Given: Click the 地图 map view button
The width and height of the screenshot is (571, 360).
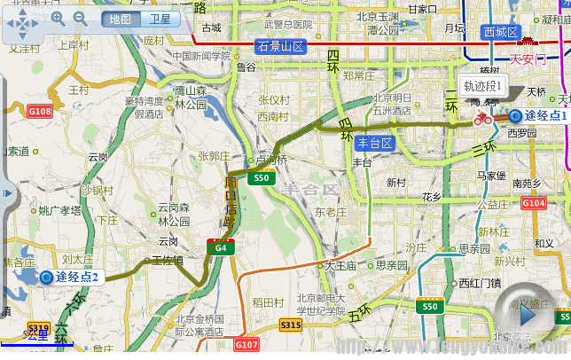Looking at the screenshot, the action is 120,19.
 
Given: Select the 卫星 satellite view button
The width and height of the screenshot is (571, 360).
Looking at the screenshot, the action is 160,19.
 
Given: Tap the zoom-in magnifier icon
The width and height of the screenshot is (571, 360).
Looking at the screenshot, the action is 59,18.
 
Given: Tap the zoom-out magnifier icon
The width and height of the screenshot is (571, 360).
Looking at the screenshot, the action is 80,18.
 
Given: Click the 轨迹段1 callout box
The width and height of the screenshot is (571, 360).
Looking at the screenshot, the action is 483,87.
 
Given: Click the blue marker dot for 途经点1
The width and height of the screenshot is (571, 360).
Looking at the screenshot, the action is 514,115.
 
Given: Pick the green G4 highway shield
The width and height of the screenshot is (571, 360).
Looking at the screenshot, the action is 221,247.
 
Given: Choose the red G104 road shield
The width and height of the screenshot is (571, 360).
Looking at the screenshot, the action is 534,203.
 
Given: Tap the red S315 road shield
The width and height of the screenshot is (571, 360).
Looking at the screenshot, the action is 291,325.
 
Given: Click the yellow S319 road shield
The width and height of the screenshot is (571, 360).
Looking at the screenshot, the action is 38,327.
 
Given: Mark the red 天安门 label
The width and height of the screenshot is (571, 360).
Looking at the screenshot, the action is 528,60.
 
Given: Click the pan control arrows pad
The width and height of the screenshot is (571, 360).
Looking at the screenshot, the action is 21,25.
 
